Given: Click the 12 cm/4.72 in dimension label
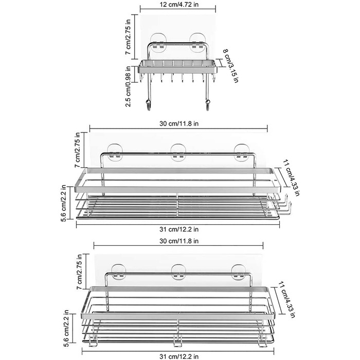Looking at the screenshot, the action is (179, 4).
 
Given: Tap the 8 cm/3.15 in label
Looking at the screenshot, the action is (230, 66).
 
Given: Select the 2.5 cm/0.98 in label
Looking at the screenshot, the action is (128, 86).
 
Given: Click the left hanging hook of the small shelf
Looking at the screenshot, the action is (148, 104).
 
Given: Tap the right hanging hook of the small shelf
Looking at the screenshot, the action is (207, 104).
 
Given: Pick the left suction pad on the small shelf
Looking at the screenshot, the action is (158, 43).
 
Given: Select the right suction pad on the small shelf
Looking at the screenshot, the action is (197, 43).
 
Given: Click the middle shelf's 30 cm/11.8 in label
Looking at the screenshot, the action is (179, 123).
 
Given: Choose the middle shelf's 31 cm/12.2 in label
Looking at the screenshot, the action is (179, 229).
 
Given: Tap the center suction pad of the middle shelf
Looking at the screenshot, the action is (178, 152).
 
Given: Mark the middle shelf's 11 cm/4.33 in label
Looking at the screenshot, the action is (291, 178).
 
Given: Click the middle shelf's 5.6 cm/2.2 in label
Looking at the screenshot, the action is (64, 203).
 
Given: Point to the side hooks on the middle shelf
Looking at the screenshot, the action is (284, 206).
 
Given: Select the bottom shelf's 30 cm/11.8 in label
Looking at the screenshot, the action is (179, 241).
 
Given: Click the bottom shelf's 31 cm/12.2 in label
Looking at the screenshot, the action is (179, 356).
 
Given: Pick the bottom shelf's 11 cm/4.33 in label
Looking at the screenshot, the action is (286, 299).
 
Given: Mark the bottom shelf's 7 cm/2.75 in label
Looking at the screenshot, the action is (79, 272).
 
